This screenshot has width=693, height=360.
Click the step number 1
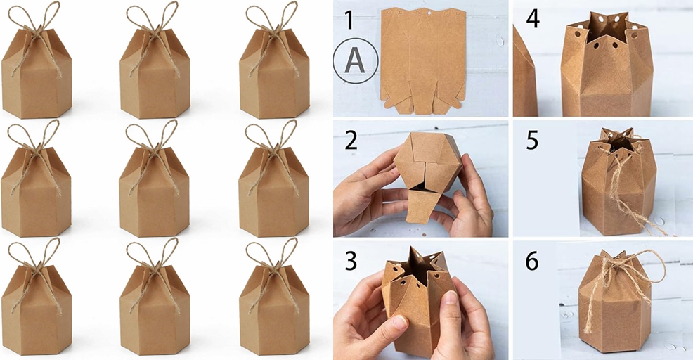pos(349,20)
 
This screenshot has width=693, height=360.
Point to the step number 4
pos(532,19)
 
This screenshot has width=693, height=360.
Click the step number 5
pos(532,140)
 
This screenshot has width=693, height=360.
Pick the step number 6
pos(532,261)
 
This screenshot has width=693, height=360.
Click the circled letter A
pos(355,61)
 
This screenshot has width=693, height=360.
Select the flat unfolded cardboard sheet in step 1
pos(422,60)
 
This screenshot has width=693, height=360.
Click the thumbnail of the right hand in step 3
pos(451,299)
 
